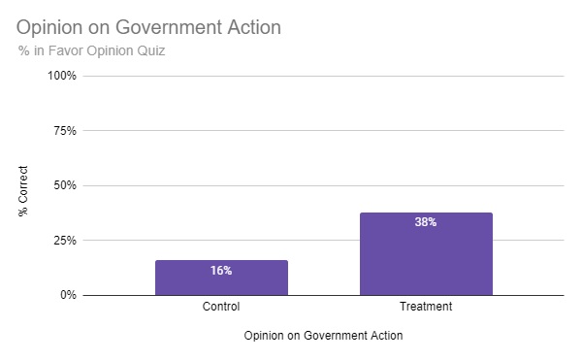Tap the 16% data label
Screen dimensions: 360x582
(x=221, y=270)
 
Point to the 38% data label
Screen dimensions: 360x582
(x=426, y=222)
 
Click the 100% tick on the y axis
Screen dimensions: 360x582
(x=62, y=76)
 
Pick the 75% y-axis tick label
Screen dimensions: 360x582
(x=64, y=130)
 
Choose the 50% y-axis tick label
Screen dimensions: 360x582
(x=64, y=185)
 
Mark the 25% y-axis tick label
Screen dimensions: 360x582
(x=64, y=240)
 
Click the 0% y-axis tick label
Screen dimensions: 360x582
(x=68, y=295)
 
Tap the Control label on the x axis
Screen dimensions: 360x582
(x=221, y=308)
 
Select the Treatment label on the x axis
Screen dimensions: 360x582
(x=426, y=308)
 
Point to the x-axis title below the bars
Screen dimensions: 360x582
(x=324, y=336)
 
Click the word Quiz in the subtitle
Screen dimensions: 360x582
(x=149, y=50)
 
